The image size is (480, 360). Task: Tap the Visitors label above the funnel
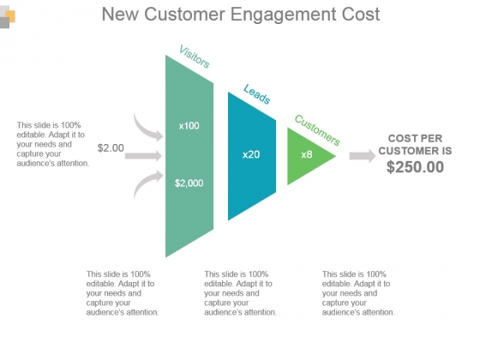pyautogui.click(x=195, y=57)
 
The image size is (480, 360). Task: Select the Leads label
pyautogui.click(x=257, y=94)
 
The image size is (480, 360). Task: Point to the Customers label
pyautogui.click(x=317, y=130)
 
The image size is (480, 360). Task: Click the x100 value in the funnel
pyautogui.click(x=189, y=126)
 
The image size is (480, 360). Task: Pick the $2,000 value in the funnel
pyautogui.click(x=189, y=183)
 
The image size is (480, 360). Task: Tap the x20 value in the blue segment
pyautogui.click(x=251, y=154)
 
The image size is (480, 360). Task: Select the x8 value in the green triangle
pyautogui.click(x=307, y=154)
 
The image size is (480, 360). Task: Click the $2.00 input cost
pyautogui.click(x=111, y=147)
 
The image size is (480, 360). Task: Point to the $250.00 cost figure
pyautogui.click(x=415, y=167)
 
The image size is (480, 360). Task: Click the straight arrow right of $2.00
pyautogui.click(x=143, y=156)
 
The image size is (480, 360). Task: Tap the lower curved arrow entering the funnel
pyautogui.click(x=147, y=183)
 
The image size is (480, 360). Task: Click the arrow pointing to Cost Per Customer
pyautogui.click(x=363, y=156)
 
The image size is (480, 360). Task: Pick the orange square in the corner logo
pyautogui.click(x=11, y=16)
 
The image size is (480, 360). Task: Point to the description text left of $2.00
pyautogui.click(x=53, y=144)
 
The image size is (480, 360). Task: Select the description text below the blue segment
pyautogui.click(x=240, y=293)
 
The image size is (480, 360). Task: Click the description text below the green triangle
pyautogui.click(x=358, y=293)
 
